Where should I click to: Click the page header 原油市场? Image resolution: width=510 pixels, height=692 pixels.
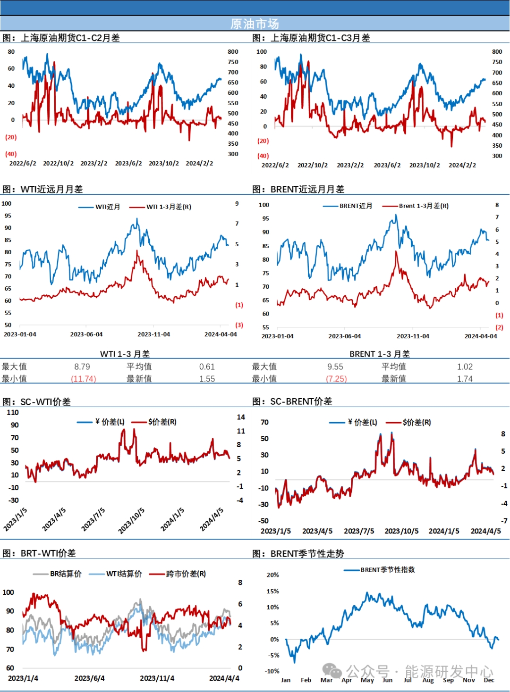tap(255, 24)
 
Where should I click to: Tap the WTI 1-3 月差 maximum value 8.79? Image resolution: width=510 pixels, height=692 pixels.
tap(82, 367)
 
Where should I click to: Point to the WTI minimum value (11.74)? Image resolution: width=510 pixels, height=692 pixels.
tap(84, 379)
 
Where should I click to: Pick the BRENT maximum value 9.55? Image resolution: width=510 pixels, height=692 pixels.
tap(335, 367)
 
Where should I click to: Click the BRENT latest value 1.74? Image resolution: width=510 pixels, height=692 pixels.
tap(465, 379)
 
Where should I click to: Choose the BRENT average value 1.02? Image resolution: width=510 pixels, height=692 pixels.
tap(465, 367)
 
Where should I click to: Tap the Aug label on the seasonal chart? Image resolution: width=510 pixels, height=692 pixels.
tap(428, 680)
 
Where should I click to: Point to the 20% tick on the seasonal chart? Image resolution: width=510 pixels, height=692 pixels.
tap(272, 575)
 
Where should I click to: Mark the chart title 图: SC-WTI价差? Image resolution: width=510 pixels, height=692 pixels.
tap(37, 401)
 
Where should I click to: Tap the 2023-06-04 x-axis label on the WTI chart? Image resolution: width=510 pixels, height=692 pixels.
tap(86, 334)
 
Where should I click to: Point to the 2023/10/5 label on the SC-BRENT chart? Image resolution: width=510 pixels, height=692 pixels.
tap(401, 531)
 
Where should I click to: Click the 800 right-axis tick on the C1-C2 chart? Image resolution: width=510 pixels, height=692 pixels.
tap(233, 51)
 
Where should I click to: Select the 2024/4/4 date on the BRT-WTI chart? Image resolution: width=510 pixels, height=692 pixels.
tap(224, 678)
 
